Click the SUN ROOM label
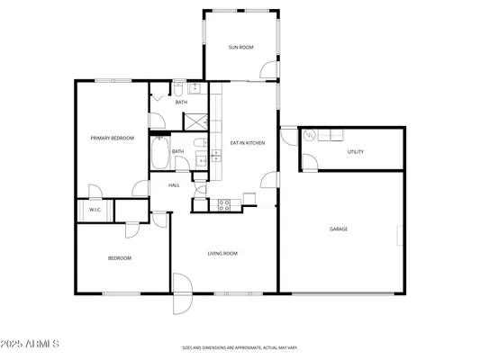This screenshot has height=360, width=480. pyautogui.click(x=240, y=46)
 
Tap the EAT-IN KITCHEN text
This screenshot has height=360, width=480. pyautogui.click(x=246, y=143)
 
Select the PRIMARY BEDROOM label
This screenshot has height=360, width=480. pyautogui.click(x=113, y=138)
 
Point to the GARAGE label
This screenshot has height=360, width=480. pyautogui.click(x=338, y=229)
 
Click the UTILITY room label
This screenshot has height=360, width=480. pyautogui.click(x=356, y=151)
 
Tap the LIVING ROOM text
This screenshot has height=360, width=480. pyautogui.click(x=222, y=254)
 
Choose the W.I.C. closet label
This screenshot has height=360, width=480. pyautogui.click(x=95, y=210)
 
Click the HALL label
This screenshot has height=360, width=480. pyautogui.click(x=174, y=184)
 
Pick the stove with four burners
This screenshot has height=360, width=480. pyautogui.click(x=224, y=204)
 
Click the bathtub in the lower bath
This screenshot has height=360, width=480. pyautogui.click(x=163, y=155)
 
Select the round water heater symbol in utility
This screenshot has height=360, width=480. pyautogui.click(x=311, y=136)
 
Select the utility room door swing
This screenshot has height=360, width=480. pyautogui.click(x=308, y=162)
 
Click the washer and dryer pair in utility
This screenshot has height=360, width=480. pyautogui.click(x=331, y=136)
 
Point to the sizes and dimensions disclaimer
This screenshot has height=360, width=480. pyautogui.click(x=240, y=347)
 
